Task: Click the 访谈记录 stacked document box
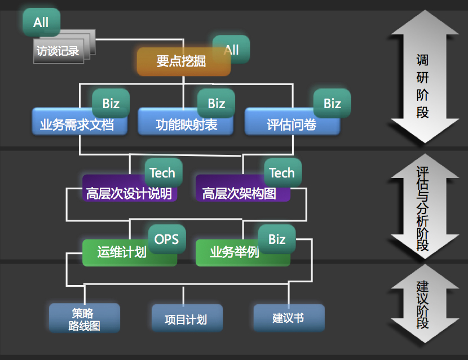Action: (x=58, y=51)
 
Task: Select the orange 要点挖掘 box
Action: (x=181, y=62)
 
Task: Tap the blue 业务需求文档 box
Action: (x=77, y=125)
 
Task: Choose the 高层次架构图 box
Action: (x=240, y=193)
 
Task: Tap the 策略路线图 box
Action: (x=84, y=319)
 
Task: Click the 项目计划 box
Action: (x=186, y=319)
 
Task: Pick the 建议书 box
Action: (x=288, y=318)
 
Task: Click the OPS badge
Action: (x=166, y=239)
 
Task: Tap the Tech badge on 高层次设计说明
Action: (x=162, y=173)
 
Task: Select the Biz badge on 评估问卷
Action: (x=332, y=103)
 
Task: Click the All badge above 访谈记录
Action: (x=41, y=23)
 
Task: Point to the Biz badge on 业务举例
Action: (x=277, y=239)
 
